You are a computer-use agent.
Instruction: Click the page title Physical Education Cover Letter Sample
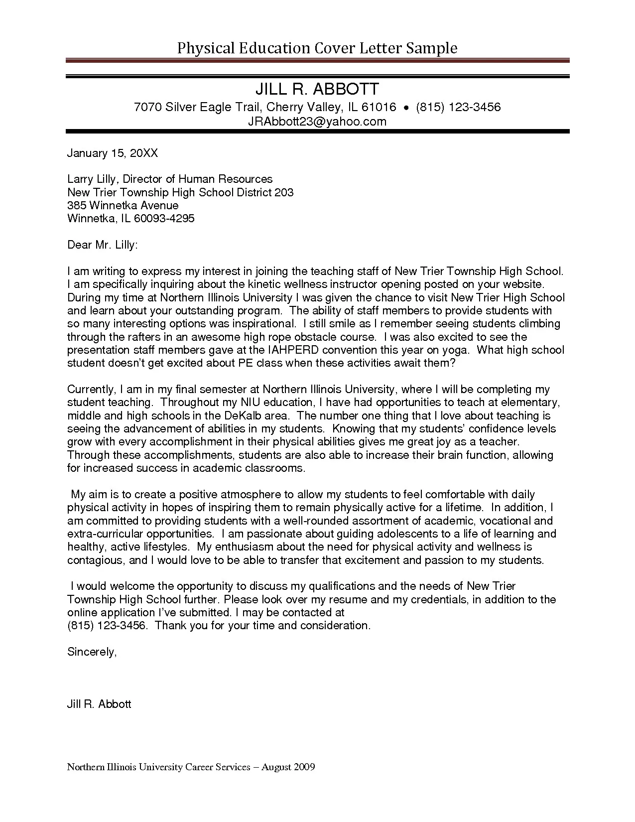click(317, 48)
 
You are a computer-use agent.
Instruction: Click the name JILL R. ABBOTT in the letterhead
click(317, 89)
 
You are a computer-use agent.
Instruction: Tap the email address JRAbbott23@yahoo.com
click(317, 122)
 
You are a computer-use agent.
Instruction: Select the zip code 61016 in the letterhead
click(379, 107)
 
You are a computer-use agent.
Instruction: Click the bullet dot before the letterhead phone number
click(406, 108)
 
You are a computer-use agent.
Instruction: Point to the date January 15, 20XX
click(113, 153)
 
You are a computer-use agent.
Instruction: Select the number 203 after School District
click(284, 192)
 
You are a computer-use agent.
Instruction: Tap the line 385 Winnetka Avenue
click(123, 205)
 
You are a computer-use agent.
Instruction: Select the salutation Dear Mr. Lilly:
click(102, 245)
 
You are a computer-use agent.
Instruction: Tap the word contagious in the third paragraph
click(95, 560)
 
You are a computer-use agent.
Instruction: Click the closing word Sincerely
click(92, 652)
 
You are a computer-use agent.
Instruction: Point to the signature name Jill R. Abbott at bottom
click(99, 704)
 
